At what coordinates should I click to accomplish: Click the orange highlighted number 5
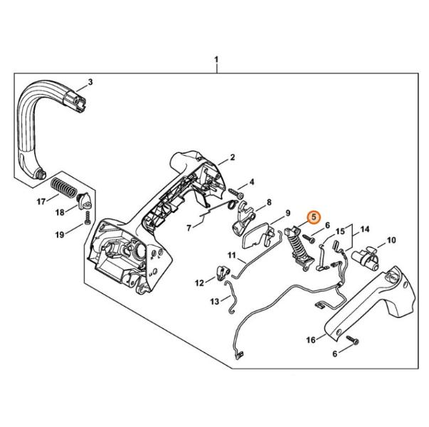click(314, 217)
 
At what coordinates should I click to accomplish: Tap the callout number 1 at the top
click(216, 60)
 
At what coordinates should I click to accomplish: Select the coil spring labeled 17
click(63, 187)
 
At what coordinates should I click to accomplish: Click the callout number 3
click(90, 82)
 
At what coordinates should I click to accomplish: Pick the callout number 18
click(60, 212)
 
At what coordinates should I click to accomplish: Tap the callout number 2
click(232, 157)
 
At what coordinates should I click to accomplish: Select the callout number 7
click(189, 228)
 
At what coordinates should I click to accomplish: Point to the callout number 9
click(287, 213)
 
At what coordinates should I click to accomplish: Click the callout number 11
click(232, 255)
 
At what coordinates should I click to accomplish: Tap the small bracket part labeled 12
click(223, 273)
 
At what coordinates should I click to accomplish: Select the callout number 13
click(215, 301)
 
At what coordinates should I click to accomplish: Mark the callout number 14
click(365, 229)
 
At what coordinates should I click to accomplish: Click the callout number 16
click(311, 340)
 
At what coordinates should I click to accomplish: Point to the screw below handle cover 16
click(352, 339)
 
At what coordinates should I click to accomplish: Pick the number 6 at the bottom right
click(335, 354)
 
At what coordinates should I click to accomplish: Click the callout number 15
click(340, 231)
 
